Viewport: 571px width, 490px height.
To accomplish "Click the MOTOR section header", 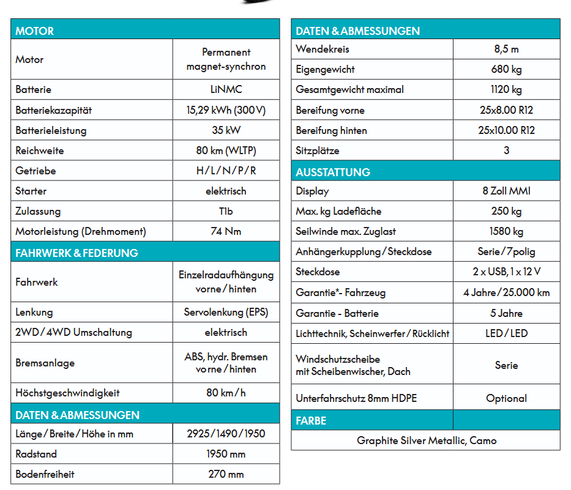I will pos(35,31).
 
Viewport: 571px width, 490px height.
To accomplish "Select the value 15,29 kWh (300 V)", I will pos(226,111).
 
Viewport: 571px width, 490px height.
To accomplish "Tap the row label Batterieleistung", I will pos(51,130).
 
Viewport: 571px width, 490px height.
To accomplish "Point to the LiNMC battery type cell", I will pos(226,89).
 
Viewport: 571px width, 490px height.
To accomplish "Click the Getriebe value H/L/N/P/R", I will pos(226,171).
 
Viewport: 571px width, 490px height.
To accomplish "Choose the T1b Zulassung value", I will pos(226,211).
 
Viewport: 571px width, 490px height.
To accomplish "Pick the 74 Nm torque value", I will pos(226,231).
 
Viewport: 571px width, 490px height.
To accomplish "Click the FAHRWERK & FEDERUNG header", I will pos(77,253).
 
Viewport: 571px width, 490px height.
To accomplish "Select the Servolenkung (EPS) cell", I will pos(226,312).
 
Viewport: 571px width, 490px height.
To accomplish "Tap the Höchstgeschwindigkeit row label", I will pos(67,393).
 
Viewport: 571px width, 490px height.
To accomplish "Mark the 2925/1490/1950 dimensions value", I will pos(226,434).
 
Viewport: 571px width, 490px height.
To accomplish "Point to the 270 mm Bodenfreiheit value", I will pos(226,474).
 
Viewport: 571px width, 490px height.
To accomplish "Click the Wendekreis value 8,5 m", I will pos(506,49).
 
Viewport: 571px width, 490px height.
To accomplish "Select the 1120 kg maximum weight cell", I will pos(506,89).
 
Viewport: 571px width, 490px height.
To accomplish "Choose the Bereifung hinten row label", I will pos(331,130).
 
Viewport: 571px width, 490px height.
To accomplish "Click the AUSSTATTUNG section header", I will pos(333,172).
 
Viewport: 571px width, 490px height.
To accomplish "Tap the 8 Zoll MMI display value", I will pos(506,191).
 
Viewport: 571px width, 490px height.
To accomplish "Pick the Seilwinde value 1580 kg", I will pos(506,231).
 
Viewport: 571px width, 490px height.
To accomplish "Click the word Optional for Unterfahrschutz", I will pos(506,398).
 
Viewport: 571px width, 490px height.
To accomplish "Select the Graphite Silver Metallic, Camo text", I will pos(427,440).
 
